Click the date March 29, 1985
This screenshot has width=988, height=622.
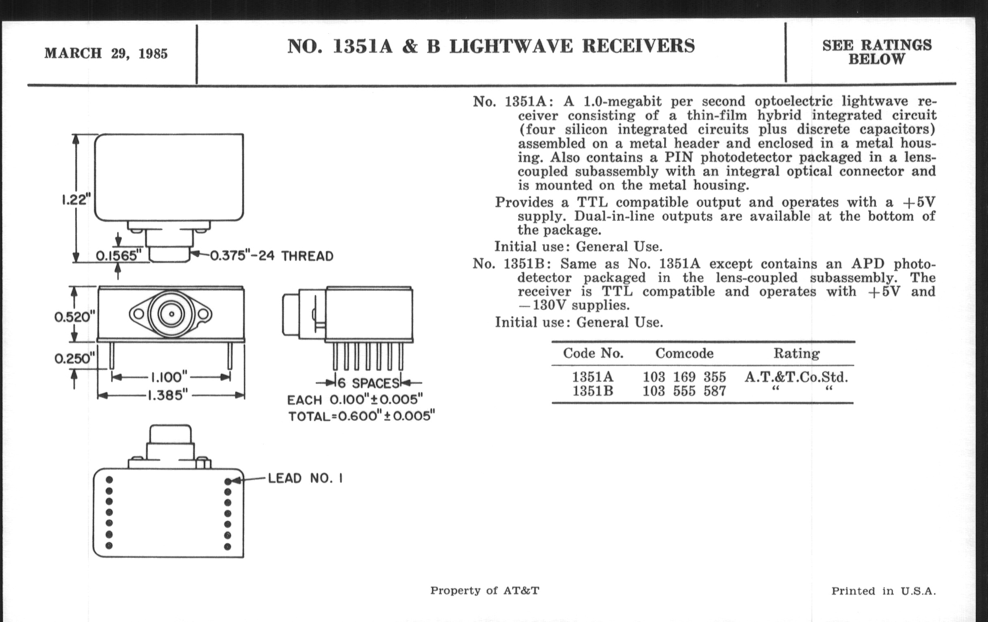tap(106, 53)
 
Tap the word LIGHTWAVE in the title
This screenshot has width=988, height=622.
tap(511, 46)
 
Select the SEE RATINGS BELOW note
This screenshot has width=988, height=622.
tap(877, 52)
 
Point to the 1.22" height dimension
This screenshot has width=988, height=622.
tap(76, 200)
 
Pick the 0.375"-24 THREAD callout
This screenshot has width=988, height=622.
tap(272, 256)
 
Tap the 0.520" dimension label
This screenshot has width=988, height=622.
tap(74, 317)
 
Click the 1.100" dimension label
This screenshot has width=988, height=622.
tap(169, 377)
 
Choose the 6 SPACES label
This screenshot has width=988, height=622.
tap(368, 383)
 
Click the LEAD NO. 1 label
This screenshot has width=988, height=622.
tap(305, 478)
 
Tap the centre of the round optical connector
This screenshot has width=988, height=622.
tap(171, 315)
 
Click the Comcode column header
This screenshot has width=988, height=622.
tap(684, 354)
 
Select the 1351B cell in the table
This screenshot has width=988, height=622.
tap(592, 391)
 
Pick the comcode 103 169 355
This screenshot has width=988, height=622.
tap(684, 377)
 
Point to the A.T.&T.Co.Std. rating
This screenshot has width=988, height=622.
tap(796, 377)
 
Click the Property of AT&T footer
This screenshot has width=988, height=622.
tap(485, 591)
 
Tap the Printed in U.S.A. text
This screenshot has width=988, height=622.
tap(883, 591)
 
